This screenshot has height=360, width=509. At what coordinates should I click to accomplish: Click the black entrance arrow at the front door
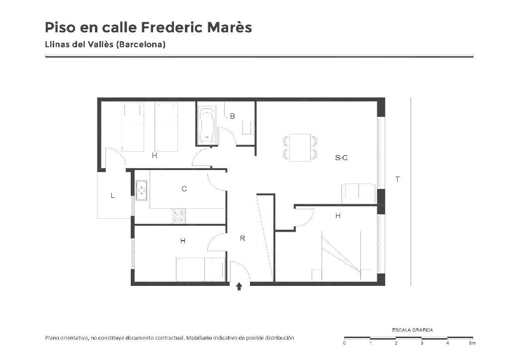239,286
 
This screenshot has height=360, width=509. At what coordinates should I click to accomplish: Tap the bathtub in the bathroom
207,125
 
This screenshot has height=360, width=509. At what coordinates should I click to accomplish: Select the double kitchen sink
142,190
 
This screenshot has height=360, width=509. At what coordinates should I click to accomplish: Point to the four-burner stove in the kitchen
178,216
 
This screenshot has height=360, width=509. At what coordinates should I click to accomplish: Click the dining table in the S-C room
300,147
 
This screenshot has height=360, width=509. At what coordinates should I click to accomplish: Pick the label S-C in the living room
341,158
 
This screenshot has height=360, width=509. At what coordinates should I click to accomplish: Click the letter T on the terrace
397,179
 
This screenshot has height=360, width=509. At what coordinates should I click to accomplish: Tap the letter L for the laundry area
113,196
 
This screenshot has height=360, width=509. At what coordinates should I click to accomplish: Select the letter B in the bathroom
233,116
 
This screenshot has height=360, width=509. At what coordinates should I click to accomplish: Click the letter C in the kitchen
184,189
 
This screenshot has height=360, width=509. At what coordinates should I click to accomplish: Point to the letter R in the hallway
242,238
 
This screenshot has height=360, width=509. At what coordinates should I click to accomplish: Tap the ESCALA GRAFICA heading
412,330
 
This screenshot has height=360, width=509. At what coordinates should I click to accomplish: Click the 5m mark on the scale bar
472,343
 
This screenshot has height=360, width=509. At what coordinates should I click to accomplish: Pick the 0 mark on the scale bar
345,343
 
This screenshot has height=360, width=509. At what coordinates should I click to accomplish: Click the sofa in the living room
359,193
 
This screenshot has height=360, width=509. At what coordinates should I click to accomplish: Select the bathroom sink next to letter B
248,127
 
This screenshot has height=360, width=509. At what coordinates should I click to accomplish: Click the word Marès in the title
230,27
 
